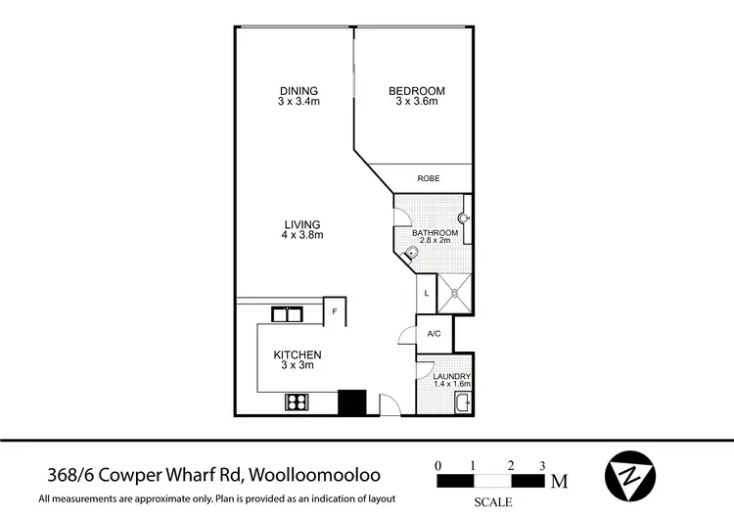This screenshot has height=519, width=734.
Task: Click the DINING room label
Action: tap(298, 92)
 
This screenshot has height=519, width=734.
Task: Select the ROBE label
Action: tap(428, 178)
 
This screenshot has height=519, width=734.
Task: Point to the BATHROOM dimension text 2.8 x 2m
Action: tap(435, 240)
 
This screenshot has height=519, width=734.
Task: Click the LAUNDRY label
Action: tap(453, 376)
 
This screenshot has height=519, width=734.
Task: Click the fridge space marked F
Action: tap(335, 311)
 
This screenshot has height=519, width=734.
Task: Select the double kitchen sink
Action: tap(286, 314)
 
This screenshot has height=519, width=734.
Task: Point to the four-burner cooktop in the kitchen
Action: tap(298, 401)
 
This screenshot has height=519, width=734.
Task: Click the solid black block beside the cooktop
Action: tap(351, 401)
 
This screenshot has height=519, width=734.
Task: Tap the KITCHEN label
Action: tap(298, 354)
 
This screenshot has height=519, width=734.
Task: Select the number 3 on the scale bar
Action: tap(542, 464)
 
